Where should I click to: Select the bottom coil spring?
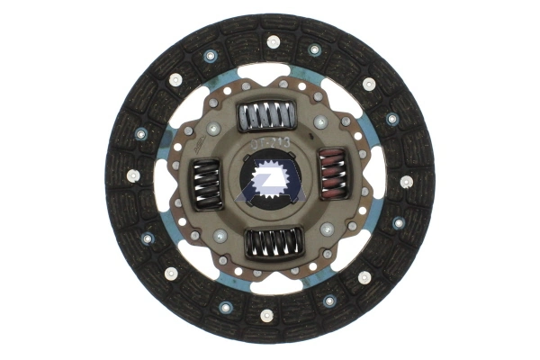click(273, 241)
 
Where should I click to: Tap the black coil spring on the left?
click(208, 184)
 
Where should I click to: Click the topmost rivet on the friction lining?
click(273, 41)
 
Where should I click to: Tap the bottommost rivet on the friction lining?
click(266, 315)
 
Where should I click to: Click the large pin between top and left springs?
click(214, 129)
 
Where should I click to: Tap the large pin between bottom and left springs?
click(220, 236)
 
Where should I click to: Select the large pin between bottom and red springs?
click(326, 230)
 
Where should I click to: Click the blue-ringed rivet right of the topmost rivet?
click(314, 50)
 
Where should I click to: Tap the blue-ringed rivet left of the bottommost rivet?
click(224, 307)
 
